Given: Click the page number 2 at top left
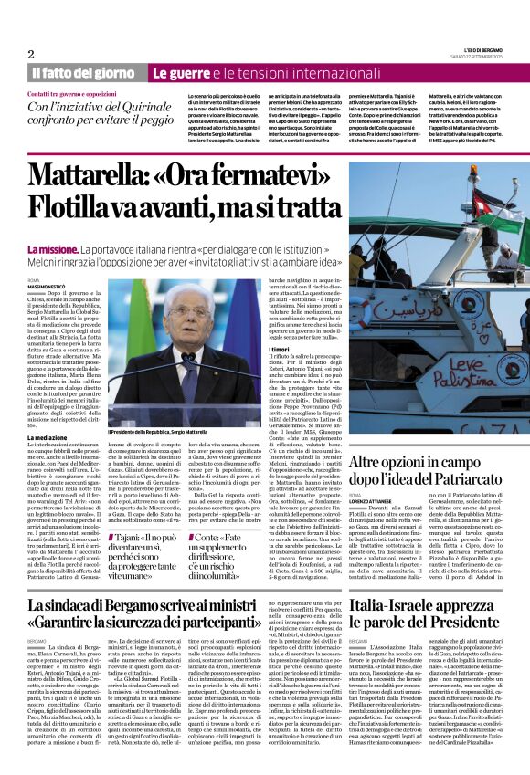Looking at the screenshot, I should click(31, 54).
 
